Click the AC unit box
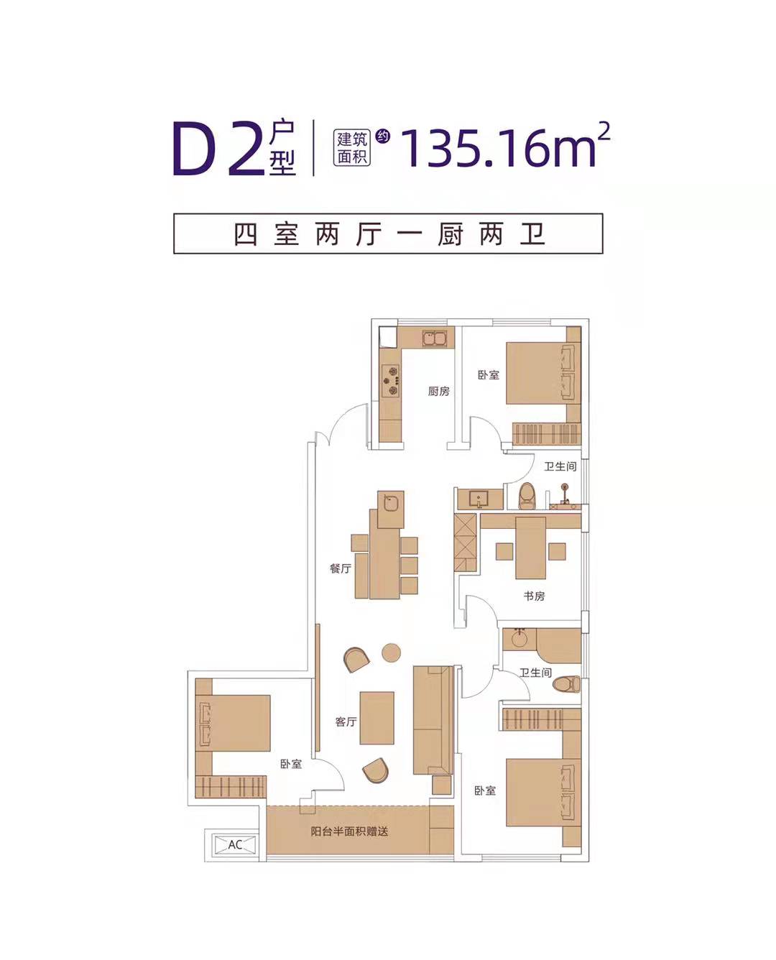point(235,845)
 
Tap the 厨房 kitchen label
point(438,391)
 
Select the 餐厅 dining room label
point(341,568)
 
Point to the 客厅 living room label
point(346,721)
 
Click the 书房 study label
point(534,596)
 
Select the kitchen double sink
point(434,338)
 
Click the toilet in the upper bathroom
point(527,496)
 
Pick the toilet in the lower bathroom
point(566,684)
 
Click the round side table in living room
point(391,652)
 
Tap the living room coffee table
point(377,718)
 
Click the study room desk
point(530,548)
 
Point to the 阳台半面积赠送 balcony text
point(349,831)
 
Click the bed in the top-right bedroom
point(535,373)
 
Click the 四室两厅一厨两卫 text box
point(388,234)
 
